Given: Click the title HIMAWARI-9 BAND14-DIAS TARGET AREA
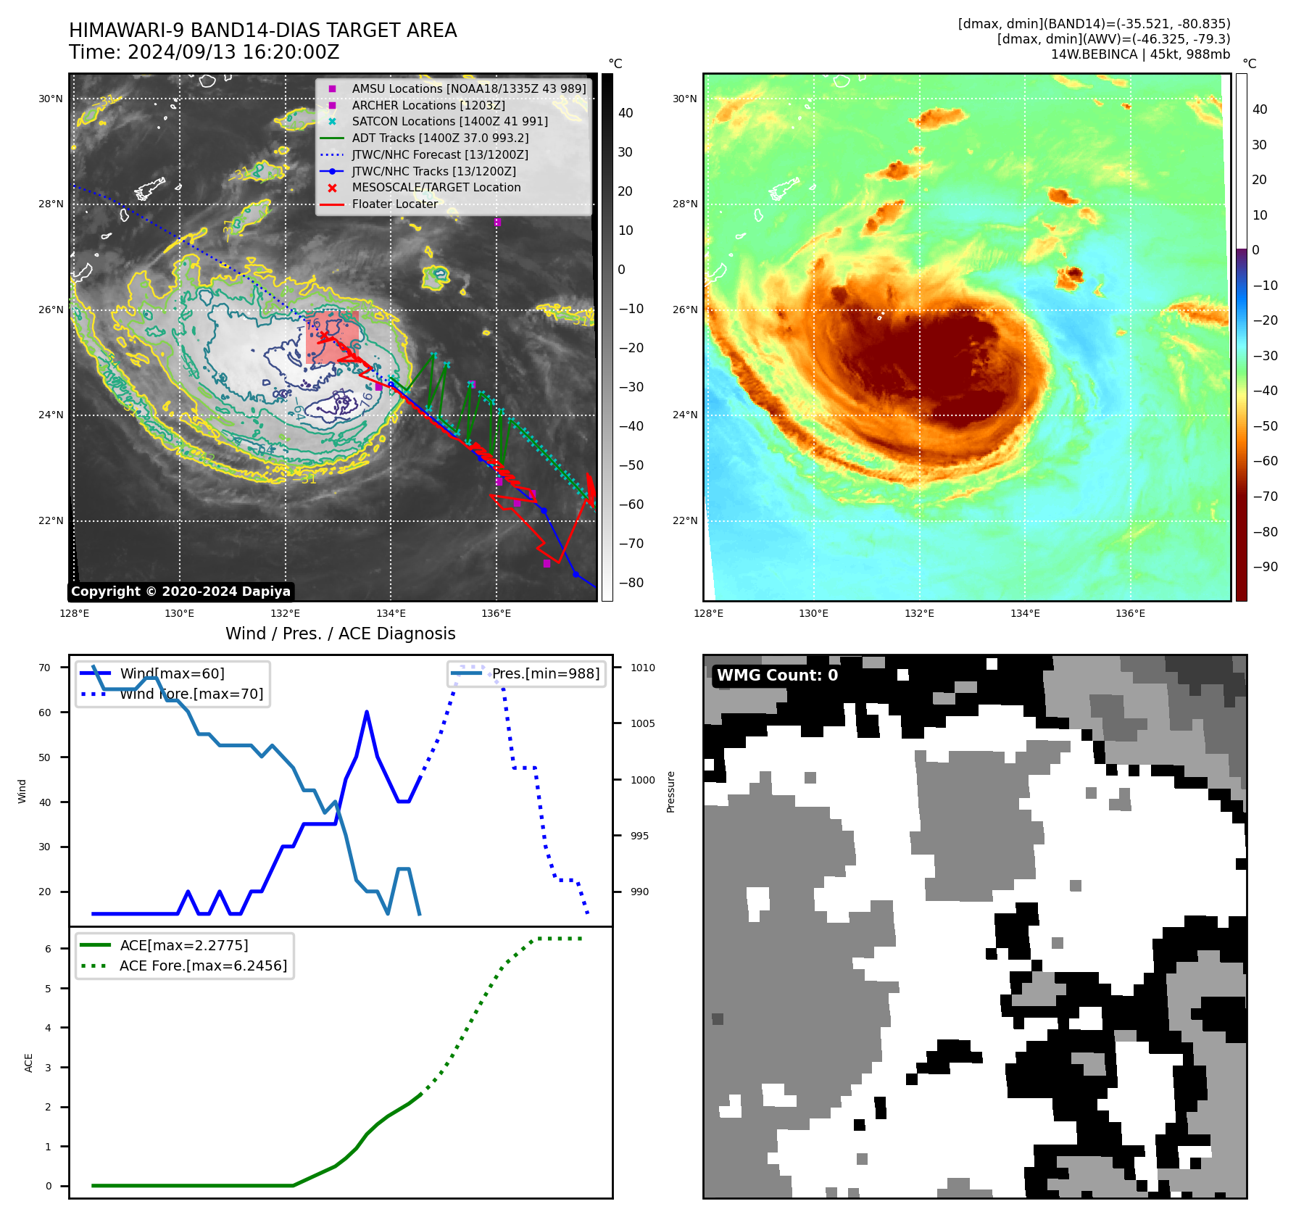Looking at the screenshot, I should pos(262,30).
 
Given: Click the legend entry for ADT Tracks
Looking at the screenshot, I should pos(439,138).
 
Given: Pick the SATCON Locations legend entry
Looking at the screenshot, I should pos(449,122).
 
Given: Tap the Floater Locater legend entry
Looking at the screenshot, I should pos(394,204).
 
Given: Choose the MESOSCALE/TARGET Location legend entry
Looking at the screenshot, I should pos(436,188).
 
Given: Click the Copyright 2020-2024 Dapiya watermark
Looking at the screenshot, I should pos(180,591).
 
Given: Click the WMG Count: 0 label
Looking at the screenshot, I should pos(777,676).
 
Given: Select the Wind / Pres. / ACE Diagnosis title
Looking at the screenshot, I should pos(340,634).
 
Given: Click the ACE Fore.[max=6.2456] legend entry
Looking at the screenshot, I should pos(203,966).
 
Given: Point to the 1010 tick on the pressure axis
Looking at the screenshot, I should pos(642,668).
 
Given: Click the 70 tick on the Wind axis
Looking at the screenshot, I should pos(45,668).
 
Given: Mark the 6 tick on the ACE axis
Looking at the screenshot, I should pos(49,949).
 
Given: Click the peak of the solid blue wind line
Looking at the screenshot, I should pos(367,712).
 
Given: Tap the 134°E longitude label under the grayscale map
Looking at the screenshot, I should pos(391,613).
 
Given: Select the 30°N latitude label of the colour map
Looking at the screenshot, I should pos(684,99).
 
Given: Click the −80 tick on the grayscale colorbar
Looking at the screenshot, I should pos(631,583).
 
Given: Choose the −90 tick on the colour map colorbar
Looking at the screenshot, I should pos(1265,567).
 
